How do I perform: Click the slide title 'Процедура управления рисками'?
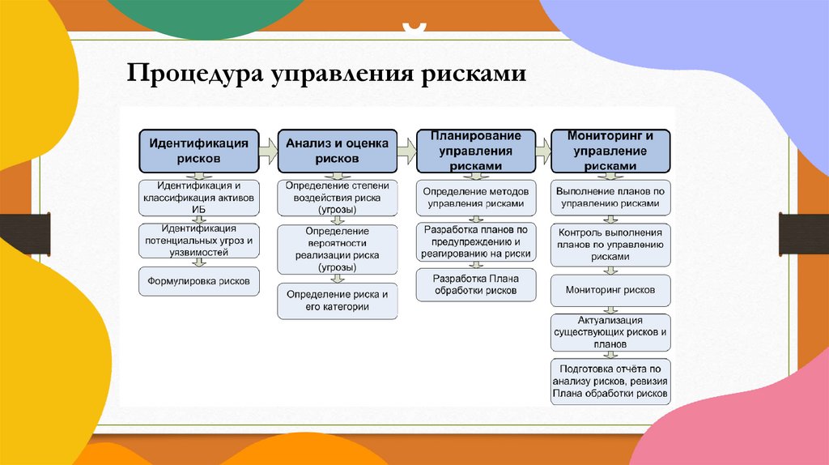326,74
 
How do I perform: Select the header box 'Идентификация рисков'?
198,150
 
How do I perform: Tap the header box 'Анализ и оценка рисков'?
338,150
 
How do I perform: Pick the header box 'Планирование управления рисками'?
476,150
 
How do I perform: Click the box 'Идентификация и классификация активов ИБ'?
199,197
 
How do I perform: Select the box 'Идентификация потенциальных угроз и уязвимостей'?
199,241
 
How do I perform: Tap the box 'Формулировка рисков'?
199,282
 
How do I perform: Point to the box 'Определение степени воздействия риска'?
338,198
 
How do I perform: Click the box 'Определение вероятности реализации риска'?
338,249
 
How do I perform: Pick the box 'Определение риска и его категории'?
338,301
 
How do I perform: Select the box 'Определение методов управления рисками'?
476,198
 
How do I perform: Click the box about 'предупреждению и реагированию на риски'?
476,241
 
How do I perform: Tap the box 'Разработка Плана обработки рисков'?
476,285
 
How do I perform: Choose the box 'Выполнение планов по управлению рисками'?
611,198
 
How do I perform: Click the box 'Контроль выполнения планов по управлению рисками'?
611,244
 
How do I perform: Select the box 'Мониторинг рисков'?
611,289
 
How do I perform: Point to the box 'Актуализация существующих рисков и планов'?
611,332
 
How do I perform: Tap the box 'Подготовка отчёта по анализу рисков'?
611,381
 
